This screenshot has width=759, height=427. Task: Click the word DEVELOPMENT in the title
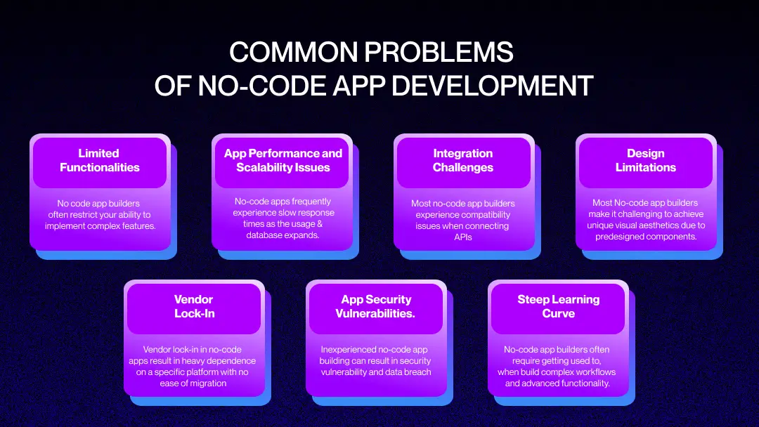click(492, 86)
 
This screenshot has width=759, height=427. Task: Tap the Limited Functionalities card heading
click(99, 160)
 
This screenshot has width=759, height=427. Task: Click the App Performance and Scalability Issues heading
click(283, 160)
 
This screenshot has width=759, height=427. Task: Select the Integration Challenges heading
click(462, 160)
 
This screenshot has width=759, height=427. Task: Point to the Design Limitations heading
click(646, 160)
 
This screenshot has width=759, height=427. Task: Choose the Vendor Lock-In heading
click(194, 306)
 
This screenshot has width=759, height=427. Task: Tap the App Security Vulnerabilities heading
click(375, 306)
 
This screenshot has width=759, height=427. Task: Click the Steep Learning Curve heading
click(559, 306)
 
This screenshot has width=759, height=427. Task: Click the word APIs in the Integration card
click(462, 237)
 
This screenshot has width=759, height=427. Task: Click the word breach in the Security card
click(418, 372)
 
